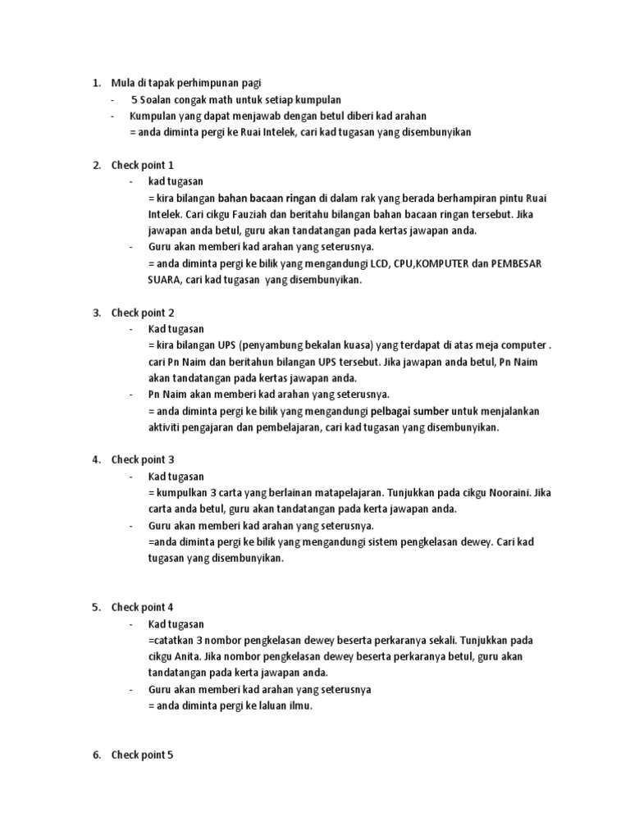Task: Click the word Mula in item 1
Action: coord(122,83)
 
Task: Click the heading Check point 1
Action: coord(142,165)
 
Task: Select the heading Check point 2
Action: coord(142,313)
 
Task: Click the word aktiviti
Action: coord(167,427)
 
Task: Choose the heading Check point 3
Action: coord(142,459)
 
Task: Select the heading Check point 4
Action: coord(142,607)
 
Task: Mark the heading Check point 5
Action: coord(142,755)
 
